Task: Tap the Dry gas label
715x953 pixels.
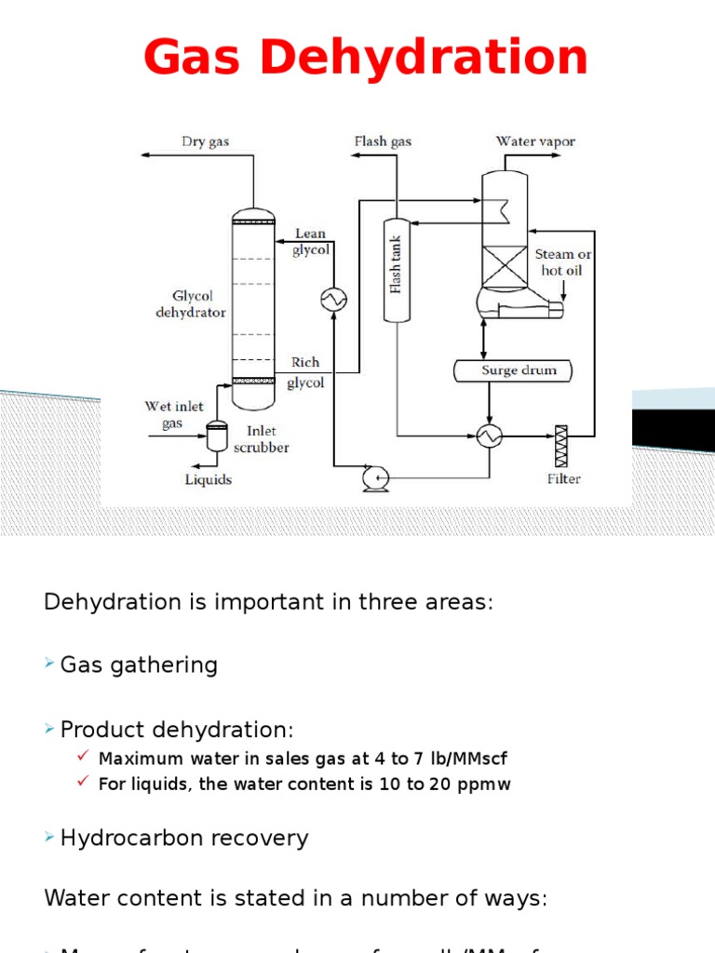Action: (205, 142)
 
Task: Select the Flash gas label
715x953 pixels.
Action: (382, 142)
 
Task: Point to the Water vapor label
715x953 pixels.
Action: (535, 141)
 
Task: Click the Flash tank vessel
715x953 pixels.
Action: (396, 270)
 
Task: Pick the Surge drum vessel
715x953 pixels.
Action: (512, 370)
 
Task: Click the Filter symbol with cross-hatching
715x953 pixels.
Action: (561, 446)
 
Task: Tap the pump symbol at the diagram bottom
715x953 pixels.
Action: (374, 477)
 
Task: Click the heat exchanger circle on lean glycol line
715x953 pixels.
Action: (333, 299)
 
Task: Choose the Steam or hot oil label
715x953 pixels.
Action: (562, 262)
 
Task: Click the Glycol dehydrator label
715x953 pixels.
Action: (190, 304)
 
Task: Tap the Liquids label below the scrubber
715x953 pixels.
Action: (208, 479)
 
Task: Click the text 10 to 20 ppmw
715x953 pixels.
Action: (445, 784)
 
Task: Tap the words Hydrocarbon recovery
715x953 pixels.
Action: (183, 838)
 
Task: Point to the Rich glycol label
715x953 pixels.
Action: (305, 372)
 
